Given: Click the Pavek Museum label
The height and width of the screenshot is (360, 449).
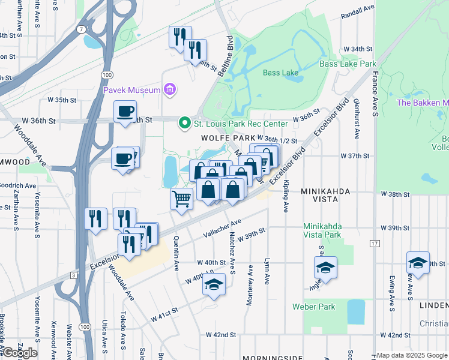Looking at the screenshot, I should [132, 90].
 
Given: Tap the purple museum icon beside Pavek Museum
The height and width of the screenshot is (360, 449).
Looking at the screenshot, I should [170, 90].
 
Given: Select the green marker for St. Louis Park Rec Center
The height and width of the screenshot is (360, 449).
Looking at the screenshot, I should [185, 124].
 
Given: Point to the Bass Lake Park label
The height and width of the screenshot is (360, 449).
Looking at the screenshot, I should [348, 64].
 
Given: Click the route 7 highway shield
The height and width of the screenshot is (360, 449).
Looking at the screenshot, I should [80, 29].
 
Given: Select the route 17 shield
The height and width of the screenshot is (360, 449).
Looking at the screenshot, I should [375, 244].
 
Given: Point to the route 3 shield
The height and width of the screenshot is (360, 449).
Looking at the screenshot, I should [73, 275].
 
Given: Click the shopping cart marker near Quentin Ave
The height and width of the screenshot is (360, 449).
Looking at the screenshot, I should [181, 199].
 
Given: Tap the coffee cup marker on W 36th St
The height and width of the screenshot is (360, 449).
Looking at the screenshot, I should [125, 112].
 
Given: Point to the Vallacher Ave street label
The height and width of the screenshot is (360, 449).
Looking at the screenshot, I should [222, 228].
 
